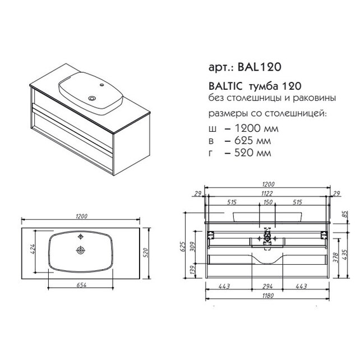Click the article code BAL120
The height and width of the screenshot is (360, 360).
tap(260, 67)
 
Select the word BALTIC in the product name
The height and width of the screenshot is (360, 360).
tap(225, 86)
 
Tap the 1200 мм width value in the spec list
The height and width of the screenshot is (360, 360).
tap(256, 128)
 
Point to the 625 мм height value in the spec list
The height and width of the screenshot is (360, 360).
tap(252, 141)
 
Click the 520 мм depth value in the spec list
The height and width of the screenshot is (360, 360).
tap(252, 153)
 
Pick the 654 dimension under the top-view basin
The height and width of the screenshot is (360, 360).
tap(81, 285)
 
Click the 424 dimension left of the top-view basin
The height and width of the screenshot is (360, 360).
tap(33, 249)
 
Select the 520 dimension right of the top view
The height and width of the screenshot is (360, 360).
tap(146, 252)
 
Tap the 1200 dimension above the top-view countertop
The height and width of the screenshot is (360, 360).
tap(81, 216)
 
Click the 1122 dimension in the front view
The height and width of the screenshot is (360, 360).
tap(266, 193)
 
